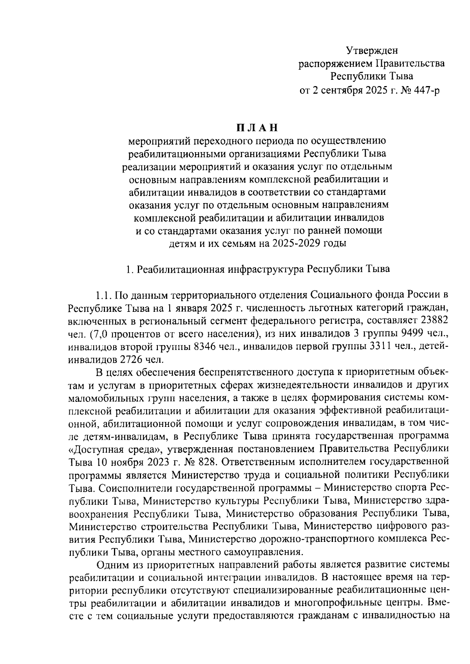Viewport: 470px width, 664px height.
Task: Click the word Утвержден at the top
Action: (x=372, y=50)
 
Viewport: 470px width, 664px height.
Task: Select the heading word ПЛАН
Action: (x=257, y=128)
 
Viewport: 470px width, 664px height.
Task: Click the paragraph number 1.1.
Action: (x=105, y=295)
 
